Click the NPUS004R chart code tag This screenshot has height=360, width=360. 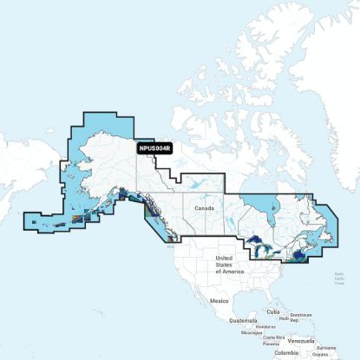[155, 148]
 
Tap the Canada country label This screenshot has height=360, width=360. [204, 209]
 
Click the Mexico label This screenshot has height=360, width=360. [219, 300]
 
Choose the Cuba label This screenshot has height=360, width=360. [273, 311]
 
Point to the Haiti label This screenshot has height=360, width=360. [285, 317]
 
